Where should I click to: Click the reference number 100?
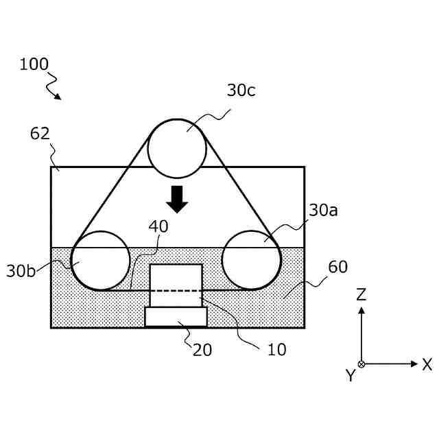[x=34, y=64]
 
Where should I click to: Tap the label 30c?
[x=241, y=90]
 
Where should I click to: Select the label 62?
[x=40, y=133]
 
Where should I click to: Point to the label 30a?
[x=323, y=210]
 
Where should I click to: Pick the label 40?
[x=158, y=226]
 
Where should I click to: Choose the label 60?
[x=337, y=267]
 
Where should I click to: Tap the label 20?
[x=202, y=350]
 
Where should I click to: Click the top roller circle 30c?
[x=177, y=148]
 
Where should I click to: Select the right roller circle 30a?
[x=251, y=260]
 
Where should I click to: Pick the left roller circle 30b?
[x=101, y=260]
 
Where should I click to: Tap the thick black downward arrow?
[x=177, y=198]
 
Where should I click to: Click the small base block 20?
[x=176, y=316]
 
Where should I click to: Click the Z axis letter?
[x=361, y=295]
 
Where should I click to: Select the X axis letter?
[x=427, y=364]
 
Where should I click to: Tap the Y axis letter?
[x=350, y=375]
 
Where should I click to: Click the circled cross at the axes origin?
[x=361, y=364]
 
